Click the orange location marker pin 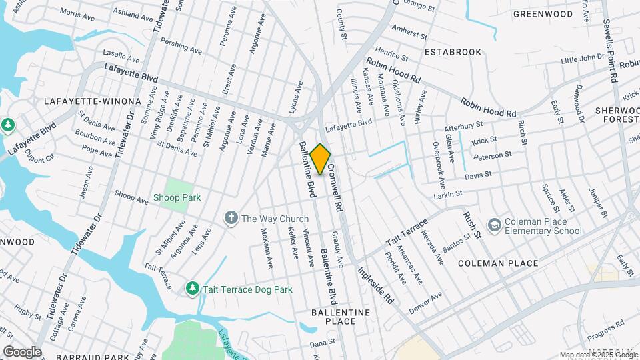tap(321, 159)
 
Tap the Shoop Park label tap(177, 197)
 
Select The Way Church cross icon tap(231, 219)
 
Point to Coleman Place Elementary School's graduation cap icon tap(494, 226)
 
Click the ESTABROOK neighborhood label tap(453, 51)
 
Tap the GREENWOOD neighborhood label tap(543, 14)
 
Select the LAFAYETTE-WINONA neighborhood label tap(93, 101)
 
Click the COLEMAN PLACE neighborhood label tap(498, 263)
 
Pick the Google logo tap(22, 351)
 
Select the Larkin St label tap(447, 193)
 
